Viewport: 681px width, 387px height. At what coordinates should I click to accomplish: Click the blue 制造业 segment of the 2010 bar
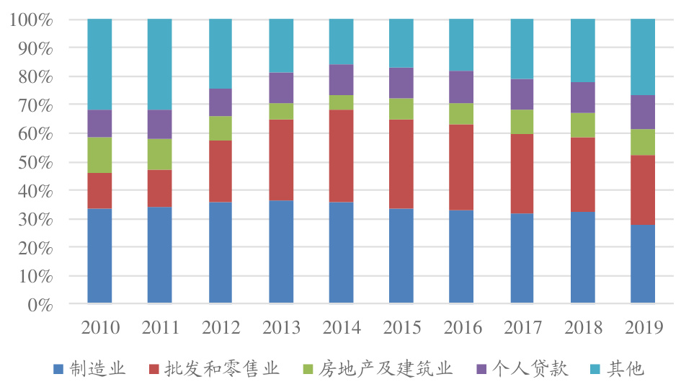(99, 255)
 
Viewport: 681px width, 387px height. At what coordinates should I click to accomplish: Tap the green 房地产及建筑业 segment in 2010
(99, 155)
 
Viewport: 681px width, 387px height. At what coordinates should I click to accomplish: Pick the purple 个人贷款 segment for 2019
(642, 112)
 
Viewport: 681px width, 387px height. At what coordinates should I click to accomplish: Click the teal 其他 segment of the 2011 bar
(159, 64)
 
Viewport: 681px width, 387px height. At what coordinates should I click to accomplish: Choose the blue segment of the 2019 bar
(642, 263)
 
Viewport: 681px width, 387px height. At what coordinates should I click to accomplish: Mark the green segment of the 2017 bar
(522, 122)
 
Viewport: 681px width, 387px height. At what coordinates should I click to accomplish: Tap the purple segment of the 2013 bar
(281, 88)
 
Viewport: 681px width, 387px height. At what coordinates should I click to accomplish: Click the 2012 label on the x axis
(221, 329)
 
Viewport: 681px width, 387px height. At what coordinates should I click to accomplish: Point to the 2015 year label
(401, 329)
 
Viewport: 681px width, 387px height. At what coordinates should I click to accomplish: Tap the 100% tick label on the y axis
(32, 19)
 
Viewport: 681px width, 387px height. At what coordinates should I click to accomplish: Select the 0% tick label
(40, 305)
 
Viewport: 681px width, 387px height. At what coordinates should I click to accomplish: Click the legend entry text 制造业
(97, 370)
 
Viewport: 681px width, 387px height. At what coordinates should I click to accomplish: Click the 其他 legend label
(626, 370)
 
